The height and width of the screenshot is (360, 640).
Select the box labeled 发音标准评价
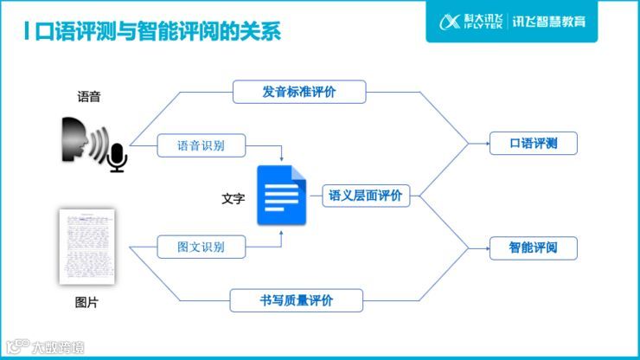pyautogui.click(x=299, y=92)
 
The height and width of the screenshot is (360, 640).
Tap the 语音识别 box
pyautogui.click(x=201, y=145)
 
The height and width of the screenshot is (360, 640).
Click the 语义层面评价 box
pyautogui.click(x=366, y=196)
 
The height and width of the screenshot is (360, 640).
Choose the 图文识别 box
pyautogui.click(x=201, y=247)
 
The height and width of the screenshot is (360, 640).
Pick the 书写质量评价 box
pyautogui.click(x=296, y=300)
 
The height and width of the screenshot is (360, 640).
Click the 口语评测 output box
pyautogui.click(x=533, y=144)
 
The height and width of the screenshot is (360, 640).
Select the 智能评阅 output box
pyautogui.click(x=533, y=247)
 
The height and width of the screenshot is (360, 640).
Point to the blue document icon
pyautogui.click(x=281, y=196)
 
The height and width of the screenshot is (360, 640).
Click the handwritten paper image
pyautogui.click(x=86, y=247)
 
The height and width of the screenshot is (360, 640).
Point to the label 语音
pyautogui.click(x=89, y=97)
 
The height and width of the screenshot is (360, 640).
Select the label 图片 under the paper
pyautogui.click(x=86, y=303)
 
